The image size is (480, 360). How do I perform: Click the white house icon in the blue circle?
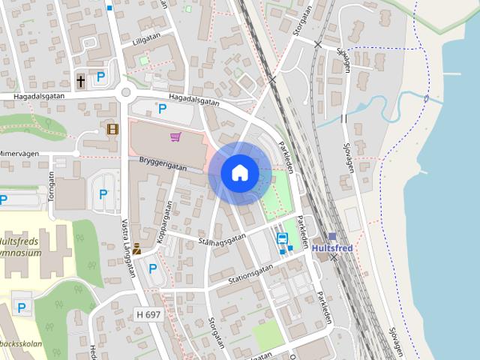click(239, 172)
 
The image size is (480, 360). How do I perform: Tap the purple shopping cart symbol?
click(175, 136)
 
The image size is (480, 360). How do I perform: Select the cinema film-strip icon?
click(112, 129)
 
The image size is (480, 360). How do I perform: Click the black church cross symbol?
click(81, 79)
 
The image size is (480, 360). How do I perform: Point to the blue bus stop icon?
click(283, 239)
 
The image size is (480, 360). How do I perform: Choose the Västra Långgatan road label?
click(127, 248)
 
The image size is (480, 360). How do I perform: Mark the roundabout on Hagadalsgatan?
click(126, 94)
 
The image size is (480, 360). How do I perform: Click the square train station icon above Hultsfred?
click(332, 236)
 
